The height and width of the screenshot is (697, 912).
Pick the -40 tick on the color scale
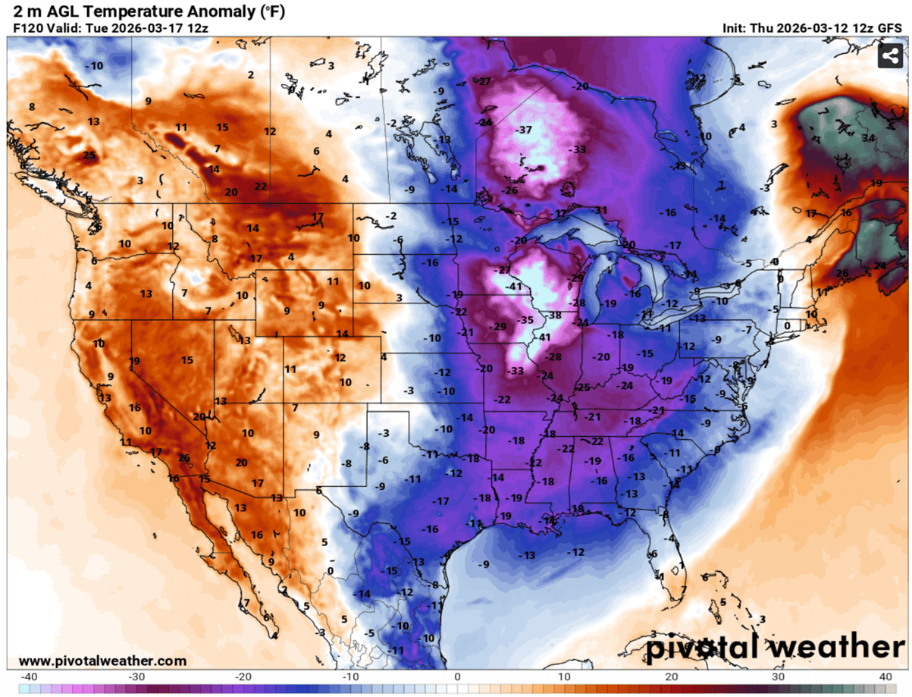[x=29, y=676]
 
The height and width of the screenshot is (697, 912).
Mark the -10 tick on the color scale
[x=349, y=676]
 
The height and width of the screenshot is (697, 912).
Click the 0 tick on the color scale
[x=457, y=676]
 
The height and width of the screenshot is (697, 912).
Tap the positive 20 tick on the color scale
[x=672, y=676]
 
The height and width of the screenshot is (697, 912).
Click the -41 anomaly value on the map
[x=515, y=286]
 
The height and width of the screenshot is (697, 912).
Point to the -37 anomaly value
[x=523, y=130]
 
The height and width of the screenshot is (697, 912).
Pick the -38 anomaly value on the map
[x=555, y=315]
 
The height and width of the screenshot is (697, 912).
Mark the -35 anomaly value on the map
[x=525, y=320]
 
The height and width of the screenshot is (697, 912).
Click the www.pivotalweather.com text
[x=102, y=661]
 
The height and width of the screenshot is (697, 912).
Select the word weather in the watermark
[x=838, y=647]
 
